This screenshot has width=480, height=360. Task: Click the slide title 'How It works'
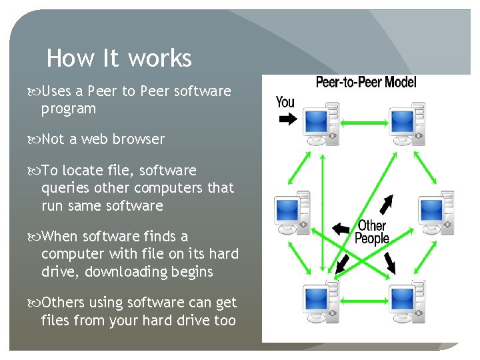119,59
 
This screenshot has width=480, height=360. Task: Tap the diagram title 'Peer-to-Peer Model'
365,83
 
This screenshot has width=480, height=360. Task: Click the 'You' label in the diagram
285,102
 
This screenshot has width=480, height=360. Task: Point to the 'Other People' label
372,232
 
